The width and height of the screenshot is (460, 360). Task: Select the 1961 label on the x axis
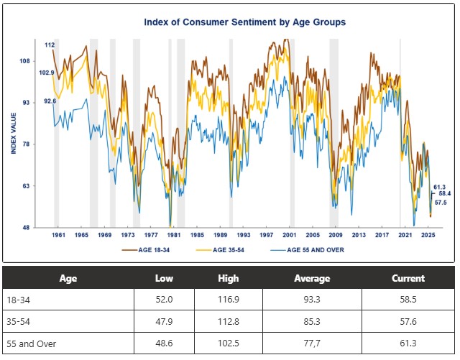pos(59,235)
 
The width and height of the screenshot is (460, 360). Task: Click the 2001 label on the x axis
pos(289,235)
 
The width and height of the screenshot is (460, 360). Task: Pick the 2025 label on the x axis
pos(427,235)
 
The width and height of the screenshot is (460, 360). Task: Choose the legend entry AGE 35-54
pos(221,249)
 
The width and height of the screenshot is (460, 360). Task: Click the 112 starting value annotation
pos(50,45)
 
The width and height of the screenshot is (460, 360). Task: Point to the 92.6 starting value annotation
pos(50,101)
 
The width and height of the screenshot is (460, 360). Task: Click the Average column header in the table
pos(312,278)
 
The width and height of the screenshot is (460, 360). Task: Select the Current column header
pos(408,278)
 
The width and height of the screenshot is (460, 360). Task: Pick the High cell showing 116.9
pos(228,300)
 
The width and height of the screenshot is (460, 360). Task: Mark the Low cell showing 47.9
pos(164,323)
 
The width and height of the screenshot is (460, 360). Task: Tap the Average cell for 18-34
pos(312,300)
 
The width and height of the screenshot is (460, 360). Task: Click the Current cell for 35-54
pos(408,323)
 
